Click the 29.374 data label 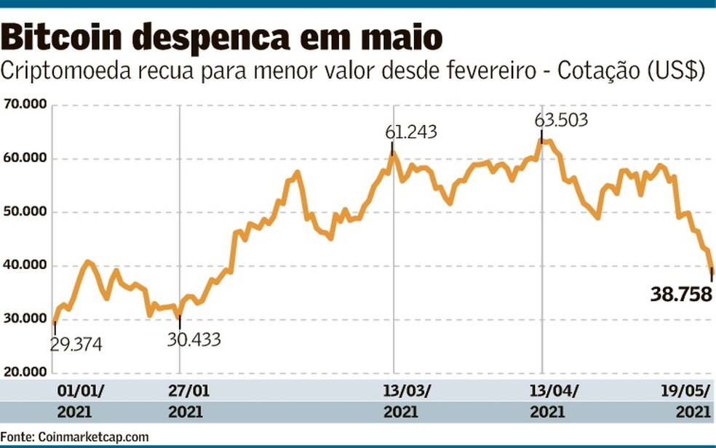tap(76, 344)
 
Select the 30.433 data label tap(194, 339)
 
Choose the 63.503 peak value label tap(561, 120)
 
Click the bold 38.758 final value tap(680, 295)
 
